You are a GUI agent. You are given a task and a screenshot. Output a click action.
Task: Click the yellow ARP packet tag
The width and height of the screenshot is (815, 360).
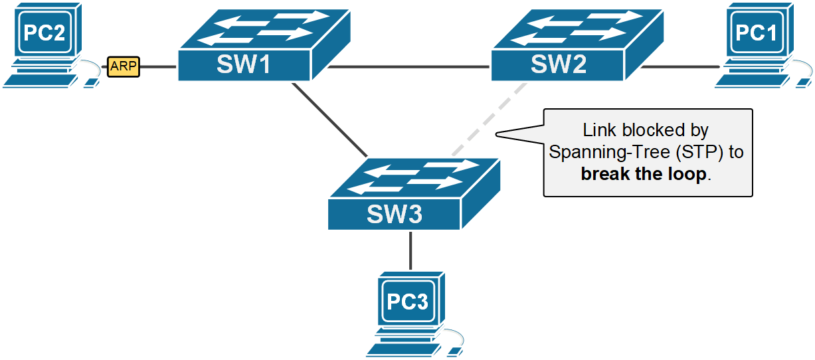[123, 67]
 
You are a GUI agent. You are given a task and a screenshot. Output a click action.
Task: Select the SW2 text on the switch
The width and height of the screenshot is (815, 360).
[559, 65]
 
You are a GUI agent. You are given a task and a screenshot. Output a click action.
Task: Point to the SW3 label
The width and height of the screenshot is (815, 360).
[395, 215]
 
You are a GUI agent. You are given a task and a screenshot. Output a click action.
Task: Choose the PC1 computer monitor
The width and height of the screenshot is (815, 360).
[757, 33]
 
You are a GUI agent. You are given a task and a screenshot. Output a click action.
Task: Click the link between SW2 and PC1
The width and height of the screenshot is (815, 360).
[680, 66]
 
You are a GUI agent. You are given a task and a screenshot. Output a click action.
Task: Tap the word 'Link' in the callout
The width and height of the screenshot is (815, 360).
[597, 130]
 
